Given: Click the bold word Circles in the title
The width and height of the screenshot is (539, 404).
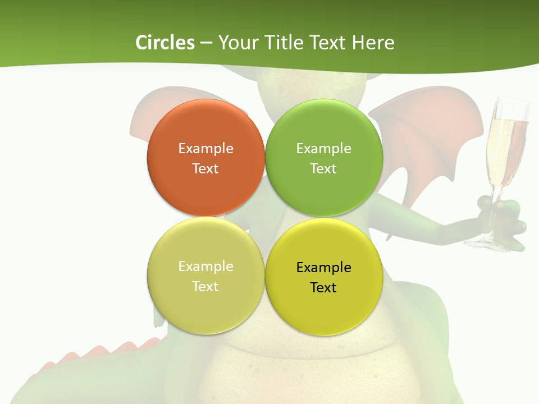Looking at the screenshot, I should click(x=165, y=43).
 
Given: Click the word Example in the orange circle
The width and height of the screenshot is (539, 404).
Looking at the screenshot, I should click(x=205, y=149).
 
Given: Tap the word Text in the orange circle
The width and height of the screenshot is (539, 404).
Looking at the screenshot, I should click(x=205, y=169).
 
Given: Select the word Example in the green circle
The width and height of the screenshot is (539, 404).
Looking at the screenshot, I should click(x=323, y=149).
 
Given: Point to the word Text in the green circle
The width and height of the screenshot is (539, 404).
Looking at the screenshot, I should click(x=323, y=169).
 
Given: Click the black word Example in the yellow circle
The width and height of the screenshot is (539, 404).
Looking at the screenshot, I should click(x=323, y=268).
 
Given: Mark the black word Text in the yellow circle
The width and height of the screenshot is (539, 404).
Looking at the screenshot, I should click(x=323, y=288).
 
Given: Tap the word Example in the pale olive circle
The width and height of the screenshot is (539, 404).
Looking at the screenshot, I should click(x=205, y=267).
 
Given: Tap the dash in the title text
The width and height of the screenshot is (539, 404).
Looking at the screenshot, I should click(x=206, y=43).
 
